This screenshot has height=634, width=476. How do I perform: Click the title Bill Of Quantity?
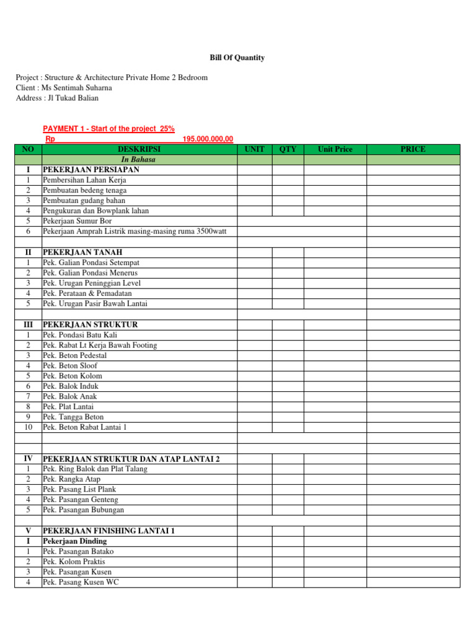[x=237, y=58]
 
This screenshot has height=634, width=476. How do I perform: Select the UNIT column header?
[x=254, y=149]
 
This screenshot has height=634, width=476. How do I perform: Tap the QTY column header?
[x=288, y=149]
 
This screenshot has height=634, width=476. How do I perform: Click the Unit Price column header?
[x=335, y=149]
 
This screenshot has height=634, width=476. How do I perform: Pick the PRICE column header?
[x=413, y=149]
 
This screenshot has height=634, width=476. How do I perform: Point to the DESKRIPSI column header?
[x=139, y=149]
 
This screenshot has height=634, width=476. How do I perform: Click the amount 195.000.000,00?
[x=208, y=139]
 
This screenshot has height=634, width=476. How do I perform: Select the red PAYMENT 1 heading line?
[x=108, y=129]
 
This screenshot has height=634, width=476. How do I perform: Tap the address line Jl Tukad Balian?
[x=57, y=98]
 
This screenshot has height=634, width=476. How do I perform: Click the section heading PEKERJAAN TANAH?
[x=82, y=252]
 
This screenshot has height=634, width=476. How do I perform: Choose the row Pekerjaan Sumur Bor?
[x=77, y=221]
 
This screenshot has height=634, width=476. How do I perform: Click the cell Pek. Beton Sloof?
[x=70, y=366]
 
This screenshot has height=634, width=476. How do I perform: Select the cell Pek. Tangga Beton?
[x=73, y=417]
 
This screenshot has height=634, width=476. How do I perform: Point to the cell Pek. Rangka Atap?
[x=71, y=479]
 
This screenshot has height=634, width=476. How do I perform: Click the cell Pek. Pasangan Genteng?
[x=80, y=500]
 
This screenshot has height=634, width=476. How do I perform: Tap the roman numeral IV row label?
[x=27, y=459]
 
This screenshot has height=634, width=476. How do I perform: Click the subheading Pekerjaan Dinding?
[x=74, y=541]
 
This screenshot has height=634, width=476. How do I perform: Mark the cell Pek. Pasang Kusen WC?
[x=81, y=582]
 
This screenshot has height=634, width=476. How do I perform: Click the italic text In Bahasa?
[x=139, y=160]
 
